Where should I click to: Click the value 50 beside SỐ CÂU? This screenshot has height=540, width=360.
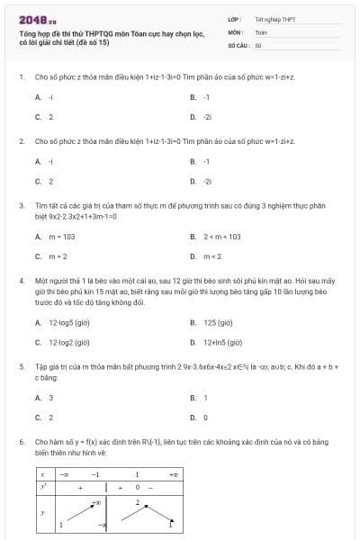[x=258, y=44]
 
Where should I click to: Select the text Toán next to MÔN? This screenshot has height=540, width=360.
[x=261, y=31]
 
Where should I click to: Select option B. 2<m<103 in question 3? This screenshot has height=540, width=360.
[x=220, y=236]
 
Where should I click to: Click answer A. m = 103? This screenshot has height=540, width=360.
[x=58, y=236]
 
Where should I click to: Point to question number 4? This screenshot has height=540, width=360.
[x=21, y=281]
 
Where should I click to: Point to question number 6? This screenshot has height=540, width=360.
[x=21, y=443]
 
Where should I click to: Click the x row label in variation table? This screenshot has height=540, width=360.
[x=43, y=472]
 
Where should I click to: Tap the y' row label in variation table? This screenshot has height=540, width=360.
[x=43, y=486]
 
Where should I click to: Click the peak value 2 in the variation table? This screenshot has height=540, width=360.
[x=138, y=500]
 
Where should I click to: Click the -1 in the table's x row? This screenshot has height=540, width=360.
[x=94, y=472]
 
